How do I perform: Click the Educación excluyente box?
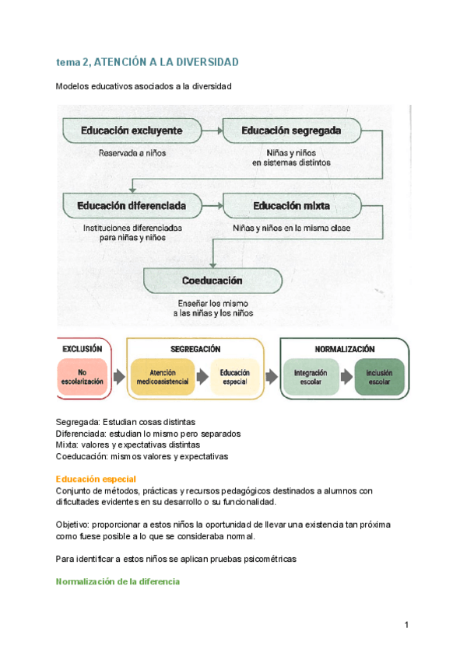tap(132, 130)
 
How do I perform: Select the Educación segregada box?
tap(292, 130)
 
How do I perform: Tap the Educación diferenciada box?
tap(132, 206)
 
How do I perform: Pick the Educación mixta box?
tap(292, 206)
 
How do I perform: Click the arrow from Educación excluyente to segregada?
tap(212, 130)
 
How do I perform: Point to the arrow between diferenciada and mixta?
tap(212, 206)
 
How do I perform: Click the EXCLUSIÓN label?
tap(82, 350)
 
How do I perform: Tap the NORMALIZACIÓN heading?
tap(345, 350)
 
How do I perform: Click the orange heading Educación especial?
tap(97, 479)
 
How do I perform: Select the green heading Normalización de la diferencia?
tap(118, 581)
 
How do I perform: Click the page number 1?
tap(407, 625)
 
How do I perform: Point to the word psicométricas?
tap(265, 559)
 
